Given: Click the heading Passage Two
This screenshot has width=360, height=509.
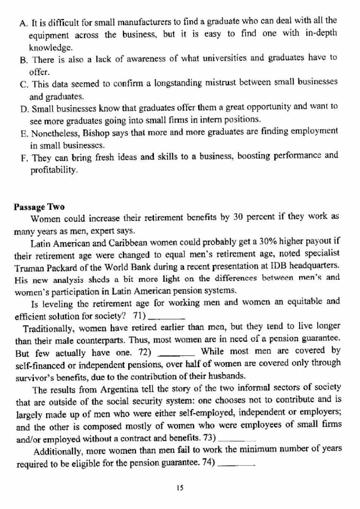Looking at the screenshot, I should (39, 206).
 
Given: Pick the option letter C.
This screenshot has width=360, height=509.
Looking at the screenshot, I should (23, 83).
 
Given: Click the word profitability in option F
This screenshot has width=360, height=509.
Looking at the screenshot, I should (53, 170).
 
